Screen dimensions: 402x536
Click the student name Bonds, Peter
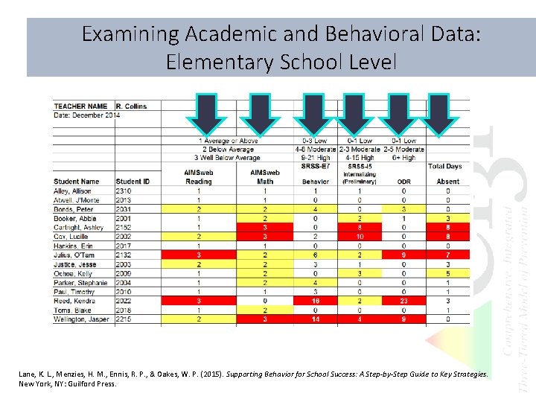73,209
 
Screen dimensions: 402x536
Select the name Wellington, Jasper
81,319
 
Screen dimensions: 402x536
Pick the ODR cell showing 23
404,301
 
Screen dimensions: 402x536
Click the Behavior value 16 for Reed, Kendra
315,301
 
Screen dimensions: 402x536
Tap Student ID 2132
124,255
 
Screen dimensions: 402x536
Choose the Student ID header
133,182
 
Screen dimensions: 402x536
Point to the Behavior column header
315,182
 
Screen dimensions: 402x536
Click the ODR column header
404,182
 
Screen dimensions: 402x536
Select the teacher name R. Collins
132,106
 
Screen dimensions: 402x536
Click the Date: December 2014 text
87,115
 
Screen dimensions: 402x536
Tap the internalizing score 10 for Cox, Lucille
359,237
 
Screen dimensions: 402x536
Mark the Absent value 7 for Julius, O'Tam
448,255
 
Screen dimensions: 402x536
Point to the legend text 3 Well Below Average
227,158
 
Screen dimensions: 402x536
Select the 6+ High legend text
404,158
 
